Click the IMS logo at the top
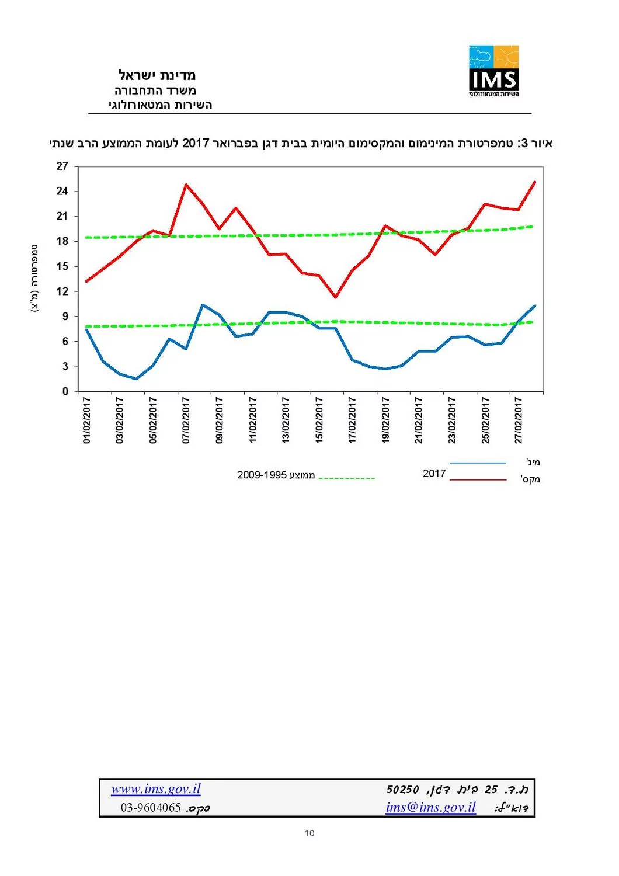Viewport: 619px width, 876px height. tap(493, 71)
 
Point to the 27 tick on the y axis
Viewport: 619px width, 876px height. tap(62, 166)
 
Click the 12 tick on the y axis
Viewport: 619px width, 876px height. tap(62, 291)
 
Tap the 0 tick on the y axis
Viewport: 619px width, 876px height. tap(65, 392)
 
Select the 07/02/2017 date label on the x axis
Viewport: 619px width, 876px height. tap(186, 420)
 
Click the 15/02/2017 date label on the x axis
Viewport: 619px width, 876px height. tap(319, 420)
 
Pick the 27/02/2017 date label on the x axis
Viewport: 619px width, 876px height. tap(519, 420)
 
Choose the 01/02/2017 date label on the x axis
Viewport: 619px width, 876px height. tap(87, 420)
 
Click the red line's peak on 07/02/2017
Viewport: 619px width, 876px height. tap(186, 185)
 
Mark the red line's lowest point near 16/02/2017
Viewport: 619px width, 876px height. tap(335, 297)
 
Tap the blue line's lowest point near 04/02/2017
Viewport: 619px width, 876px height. tap(136, 379)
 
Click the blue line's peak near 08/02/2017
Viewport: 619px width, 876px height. tap(202, 305)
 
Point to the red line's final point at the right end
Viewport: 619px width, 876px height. tap(535, 182)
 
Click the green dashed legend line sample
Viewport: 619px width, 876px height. tap(347, 479)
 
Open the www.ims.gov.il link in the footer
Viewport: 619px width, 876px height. tap(156, 790)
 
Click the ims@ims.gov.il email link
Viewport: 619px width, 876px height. tap(430, 808)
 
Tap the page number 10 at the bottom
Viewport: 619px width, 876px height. tap(309, 833)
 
